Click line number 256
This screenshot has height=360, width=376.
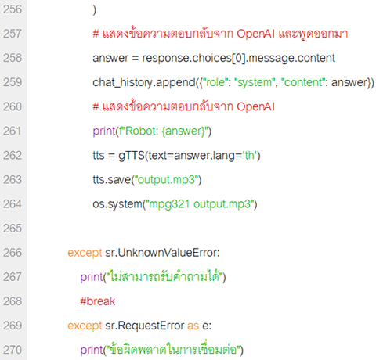pos(13,9)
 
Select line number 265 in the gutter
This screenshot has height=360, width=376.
pos(13,229)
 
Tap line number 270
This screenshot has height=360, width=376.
pos(13,350)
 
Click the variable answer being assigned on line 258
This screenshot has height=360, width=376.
pos(110,59)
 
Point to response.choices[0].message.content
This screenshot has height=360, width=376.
pos(238,58)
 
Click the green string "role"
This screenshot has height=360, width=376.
pos(215,82)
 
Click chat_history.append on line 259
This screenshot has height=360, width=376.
pos(144,82)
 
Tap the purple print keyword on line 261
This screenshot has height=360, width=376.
pos(104,131)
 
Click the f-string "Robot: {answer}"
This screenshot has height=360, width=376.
pos(163,131)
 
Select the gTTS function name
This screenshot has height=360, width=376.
pos(132,156)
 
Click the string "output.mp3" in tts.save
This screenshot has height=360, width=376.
pos(166,180)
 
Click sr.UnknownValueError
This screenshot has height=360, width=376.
pos(162,253)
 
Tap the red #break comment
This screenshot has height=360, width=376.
pos(97,301)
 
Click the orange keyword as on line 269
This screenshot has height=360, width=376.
pos(193,326)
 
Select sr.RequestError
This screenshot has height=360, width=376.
pos(145,326)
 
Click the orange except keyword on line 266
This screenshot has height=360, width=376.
pos(85,253)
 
